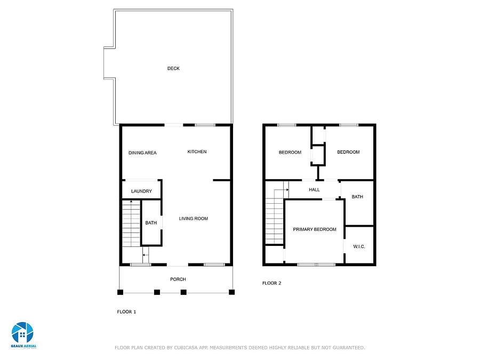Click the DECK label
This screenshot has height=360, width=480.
(x=173, y=68)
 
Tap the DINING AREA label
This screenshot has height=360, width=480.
(x=142, y=153)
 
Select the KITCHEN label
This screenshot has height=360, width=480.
(x=197, y=151)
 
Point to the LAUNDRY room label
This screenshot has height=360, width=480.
(x=141, y=191)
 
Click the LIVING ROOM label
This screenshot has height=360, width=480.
(x=194, y=218)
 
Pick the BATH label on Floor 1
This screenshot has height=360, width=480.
(x=151, y=222)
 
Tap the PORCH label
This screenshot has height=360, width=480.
(x=178, y=279)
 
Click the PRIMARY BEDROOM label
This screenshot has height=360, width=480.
(x=315, y=229)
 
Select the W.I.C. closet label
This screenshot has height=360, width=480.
(x=359, y=246)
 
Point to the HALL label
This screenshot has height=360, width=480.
(x=314, y=189)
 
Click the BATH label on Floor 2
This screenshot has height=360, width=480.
(x=357, y=196)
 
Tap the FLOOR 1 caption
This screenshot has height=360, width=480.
(x=126, y=311)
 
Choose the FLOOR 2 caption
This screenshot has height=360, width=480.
(x=271, y=283)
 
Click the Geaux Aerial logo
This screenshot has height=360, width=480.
(x=23, y=335)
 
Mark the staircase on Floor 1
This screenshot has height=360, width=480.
(x=131, y=223)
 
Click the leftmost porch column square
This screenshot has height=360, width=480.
(x=121, y=292)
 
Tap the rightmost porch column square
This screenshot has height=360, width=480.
(x=232, y=292)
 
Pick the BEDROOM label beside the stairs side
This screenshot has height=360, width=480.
(x=290, y=152)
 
